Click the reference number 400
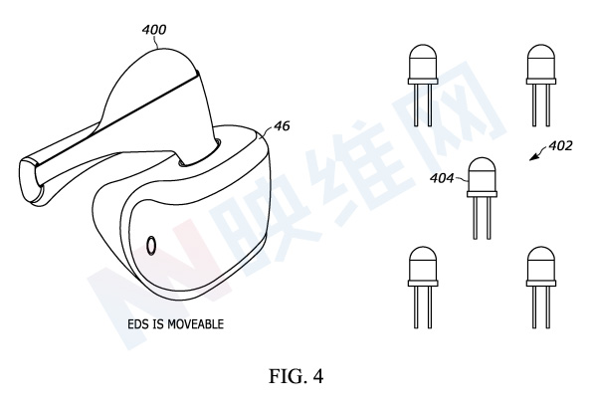pyautogui.click(x=154, y=30)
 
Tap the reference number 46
pyautogui.click(x=282, y=126)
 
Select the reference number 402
pyautogui.click(x=560, y=145)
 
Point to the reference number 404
pyautogui.click(x=442, y=178)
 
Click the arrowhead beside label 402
pyautogui.click(x=533, y=157)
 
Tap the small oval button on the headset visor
pyautogui.click(x=151, y=245)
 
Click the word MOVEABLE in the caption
pyautogui.click(x=195, y=324)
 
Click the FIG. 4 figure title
pyautogui.click(x=296, y=376)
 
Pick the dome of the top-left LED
pyautogui.click(x=423, y=62)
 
